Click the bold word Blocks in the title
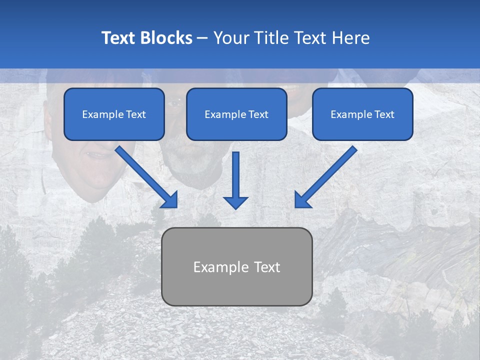click(167, 38)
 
